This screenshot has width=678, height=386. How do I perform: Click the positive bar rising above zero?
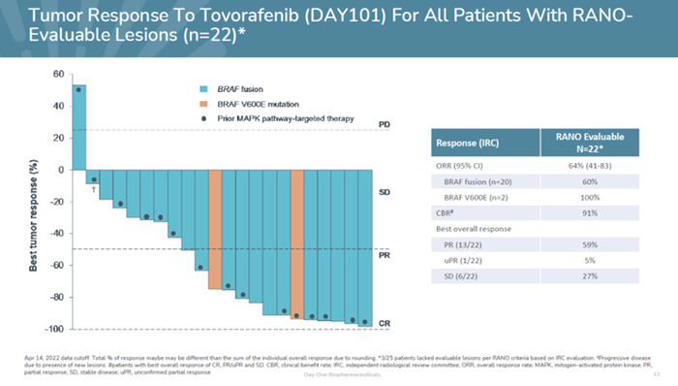(x=79, y=127)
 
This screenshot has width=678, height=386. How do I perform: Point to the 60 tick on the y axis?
(x=58, y=75)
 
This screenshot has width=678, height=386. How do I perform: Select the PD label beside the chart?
(x=384, y=126)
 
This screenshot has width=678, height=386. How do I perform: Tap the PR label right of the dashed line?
(x=384, y=257)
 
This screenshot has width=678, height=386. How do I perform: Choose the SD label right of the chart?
(x=384, y=192)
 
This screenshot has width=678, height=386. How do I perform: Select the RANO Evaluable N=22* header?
(x=589, y=144)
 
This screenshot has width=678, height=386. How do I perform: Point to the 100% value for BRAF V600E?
(x=589, y=197)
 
